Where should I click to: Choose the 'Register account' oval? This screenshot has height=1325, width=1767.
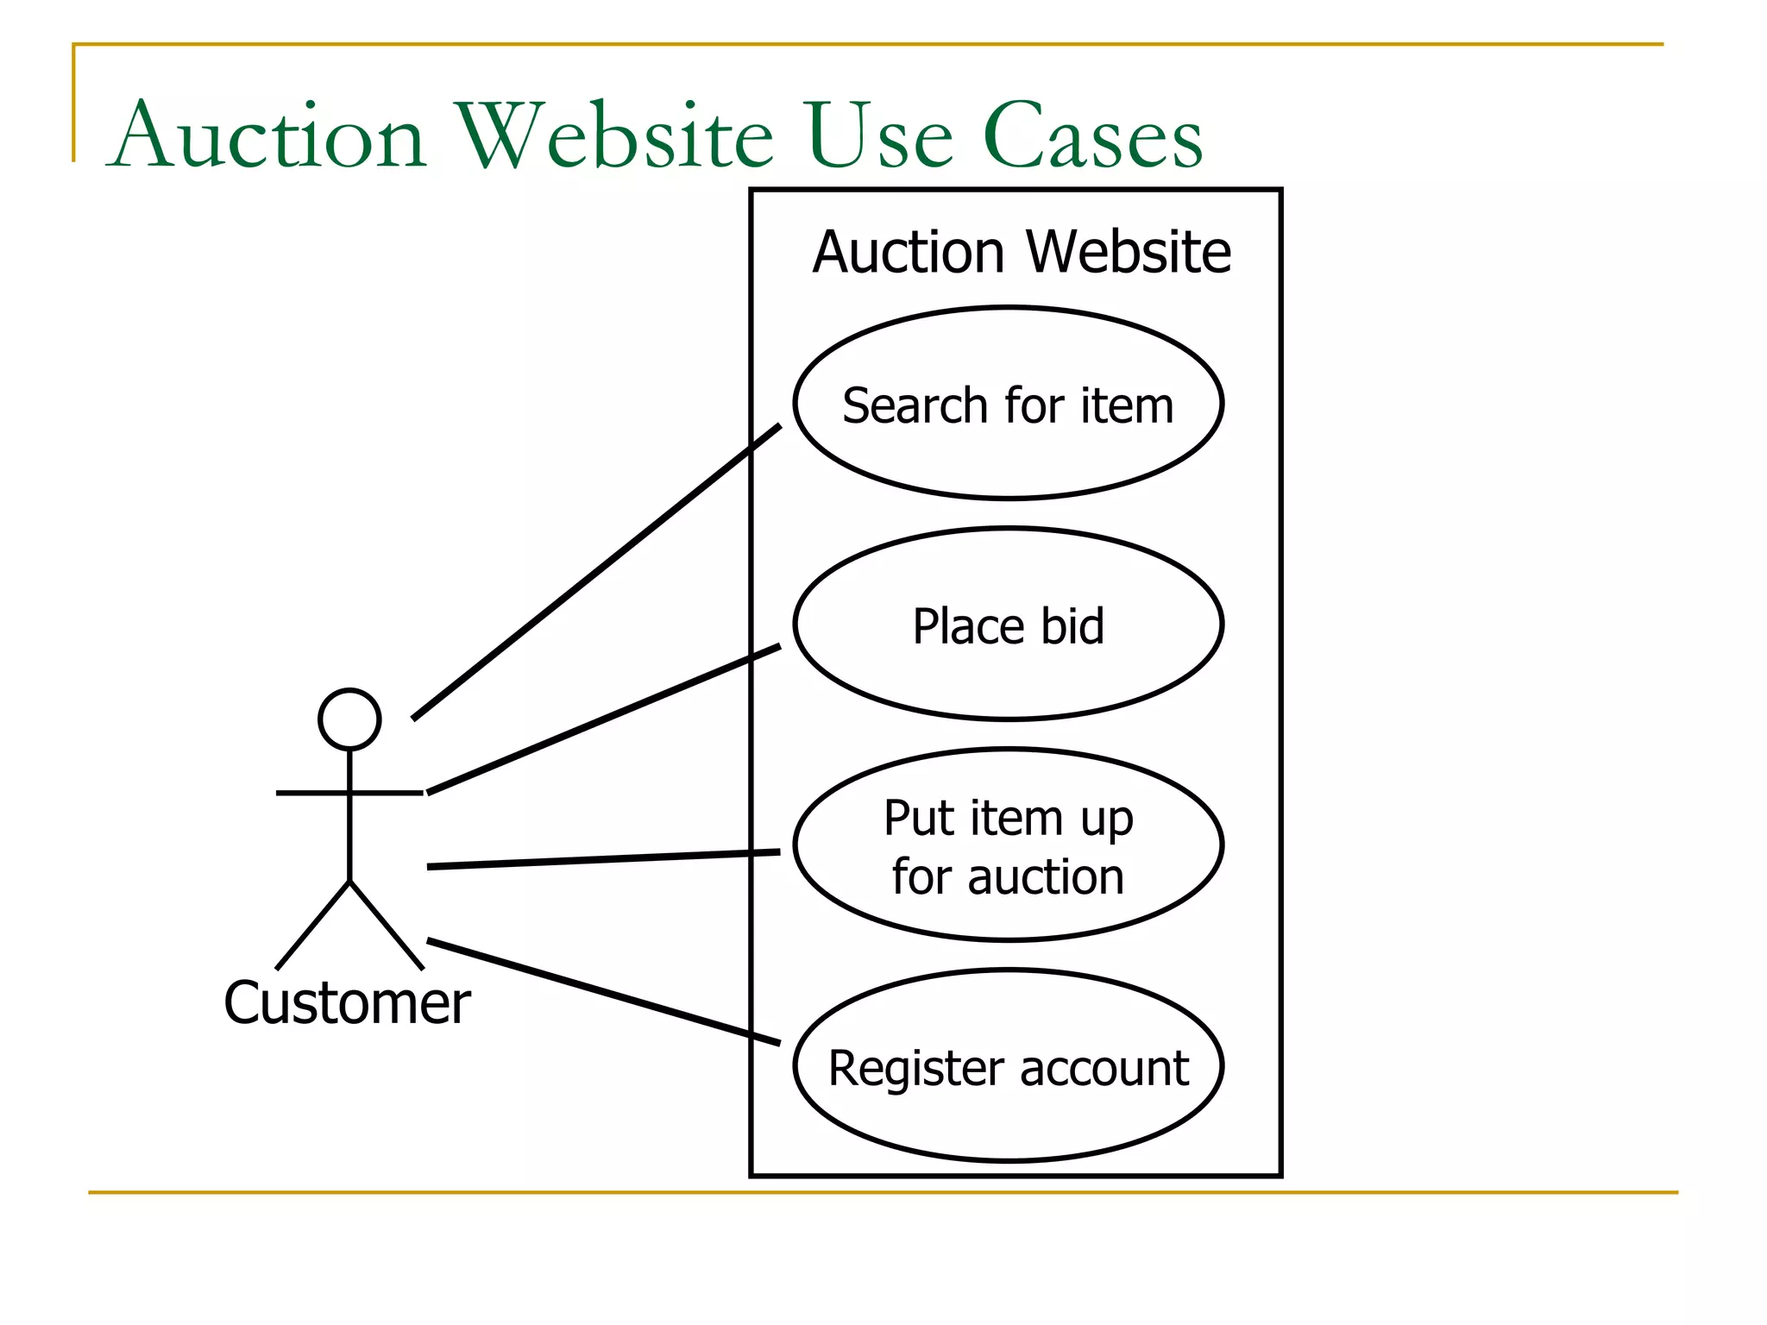pyautogui.click(x=1008, y=1121)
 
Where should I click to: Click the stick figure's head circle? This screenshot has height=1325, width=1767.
pyautogui.click(x=349, y=719)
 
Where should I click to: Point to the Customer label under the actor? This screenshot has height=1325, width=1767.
pyautogui.click(x=347, y=1003)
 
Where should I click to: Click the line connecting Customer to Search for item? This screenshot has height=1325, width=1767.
pyautogui.click(x=595, y=571)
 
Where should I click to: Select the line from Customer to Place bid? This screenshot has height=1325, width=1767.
pyautogui.click(x=604, y=719)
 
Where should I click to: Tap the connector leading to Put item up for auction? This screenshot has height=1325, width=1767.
pyautogui.click(x=604, y=859)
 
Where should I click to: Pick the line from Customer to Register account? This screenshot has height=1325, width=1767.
pyautogui.click(x=604, y=992)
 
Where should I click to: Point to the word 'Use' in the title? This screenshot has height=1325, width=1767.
pyautogui.click(x=881, y=136)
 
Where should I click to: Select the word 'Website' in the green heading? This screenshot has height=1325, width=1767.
pyautogui.click(x=615, y=136)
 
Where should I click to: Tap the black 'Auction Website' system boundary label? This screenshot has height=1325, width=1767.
pyautogui.click(x=1022, y=252)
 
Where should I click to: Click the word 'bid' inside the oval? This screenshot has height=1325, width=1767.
pyautogui.click(x=1072, y=626)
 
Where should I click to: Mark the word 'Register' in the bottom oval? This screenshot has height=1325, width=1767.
pyautogui.click(x=918, y=1070)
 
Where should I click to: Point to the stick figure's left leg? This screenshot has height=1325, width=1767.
pyautogui.click(x=312, y=926)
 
